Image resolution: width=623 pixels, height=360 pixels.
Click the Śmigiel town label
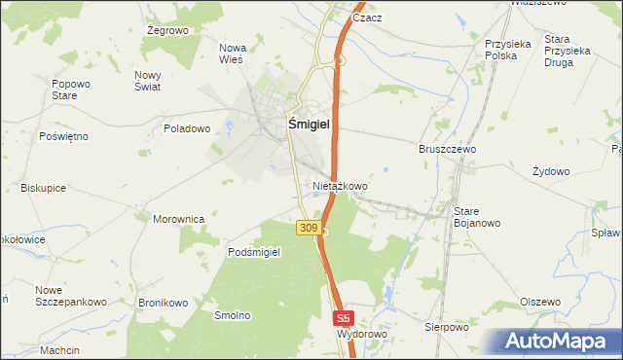tap(309, 125)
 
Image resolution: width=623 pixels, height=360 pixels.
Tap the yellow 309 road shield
tap(308, 228)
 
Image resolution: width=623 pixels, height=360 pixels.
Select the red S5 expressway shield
tap(343, 318)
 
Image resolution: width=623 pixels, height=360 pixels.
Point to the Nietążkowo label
tap(340, 185)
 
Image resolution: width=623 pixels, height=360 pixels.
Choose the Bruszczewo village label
tap(447, 150)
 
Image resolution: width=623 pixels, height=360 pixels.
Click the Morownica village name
tap(178, 219)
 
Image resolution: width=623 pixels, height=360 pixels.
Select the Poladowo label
tap(187, 128)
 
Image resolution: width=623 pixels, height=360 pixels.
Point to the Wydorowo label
tap(361, 334)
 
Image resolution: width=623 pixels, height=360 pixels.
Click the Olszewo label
tap(540, 302)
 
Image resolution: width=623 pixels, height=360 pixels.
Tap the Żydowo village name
tap(551, 171)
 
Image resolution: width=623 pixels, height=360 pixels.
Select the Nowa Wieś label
tap(233, 54)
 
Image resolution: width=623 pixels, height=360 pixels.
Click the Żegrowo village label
tap(166, 30)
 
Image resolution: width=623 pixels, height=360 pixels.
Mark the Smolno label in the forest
tap(234, 315)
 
